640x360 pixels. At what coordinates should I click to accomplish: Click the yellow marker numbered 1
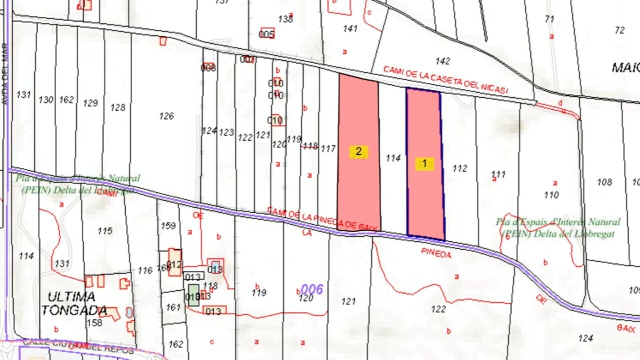424,163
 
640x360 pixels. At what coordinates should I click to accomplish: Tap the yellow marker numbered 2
358,151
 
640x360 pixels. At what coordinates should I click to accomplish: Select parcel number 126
166,116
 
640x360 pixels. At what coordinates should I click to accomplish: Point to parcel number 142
442,61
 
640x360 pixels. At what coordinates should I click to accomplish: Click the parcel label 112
459,168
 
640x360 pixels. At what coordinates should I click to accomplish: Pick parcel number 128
118,107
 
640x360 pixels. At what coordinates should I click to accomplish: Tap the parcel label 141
350,28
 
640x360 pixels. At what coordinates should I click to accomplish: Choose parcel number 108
604,182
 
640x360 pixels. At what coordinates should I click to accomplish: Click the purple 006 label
312,289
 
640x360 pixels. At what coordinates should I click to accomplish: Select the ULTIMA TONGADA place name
74,303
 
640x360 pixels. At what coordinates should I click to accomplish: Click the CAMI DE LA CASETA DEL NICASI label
445,80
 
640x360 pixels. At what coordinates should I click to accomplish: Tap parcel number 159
168,226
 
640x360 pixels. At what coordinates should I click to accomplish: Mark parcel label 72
619,30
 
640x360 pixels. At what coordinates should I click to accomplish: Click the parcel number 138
285,19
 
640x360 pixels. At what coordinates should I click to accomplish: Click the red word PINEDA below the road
436,254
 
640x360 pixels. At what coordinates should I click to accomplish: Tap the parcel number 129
90,103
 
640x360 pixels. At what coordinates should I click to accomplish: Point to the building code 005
266,34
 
